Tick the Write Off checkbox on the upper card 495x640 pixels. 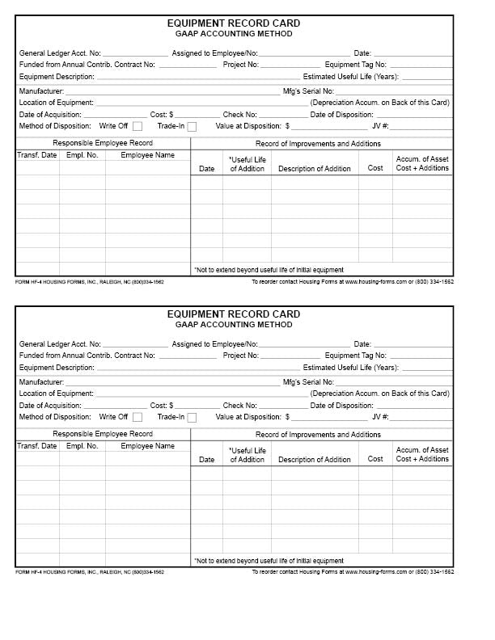pyautogui.click(x=137, y=126)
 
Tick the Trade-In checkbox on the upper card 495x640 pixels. pyautogui.click(x=192, y=126)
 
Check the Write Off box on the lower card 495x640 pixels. pyautogui.click(x=137, y=417)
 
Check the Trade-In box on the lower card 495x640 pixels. pyautogui.click(x=192, y=417)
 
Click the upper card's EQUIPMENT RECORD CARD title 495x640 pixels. pyautogui.click(x=234, y=23)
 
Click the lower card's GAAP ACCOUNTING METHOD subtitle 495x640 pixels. pyautogui.click(x=234, y=325)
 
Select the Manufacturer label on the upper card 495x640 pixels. pyautogui.click(x=41, y=91)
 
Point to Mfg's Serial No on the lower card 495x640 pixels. pyautogui.click(x=308, y=382)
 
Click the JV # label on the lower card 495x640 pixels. pyautogui.click(x=380, y=417)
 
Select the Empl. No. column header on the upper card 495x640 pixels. pyautogui.click(x=82, y=155)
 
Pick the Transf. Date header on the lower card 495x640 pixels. pyautogui.click(x=37, y=446)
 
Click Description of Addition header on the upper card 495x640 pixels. pyautogui.click(x=315, y=169)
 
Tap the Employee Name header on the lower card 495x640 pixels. pyautogui.click(x=147, y=446)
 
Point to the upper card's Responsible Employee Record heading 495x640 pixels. pyautogui.click(x=103, y=143)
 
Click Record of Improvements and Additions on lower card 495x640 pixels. pyautogui.click(x=318, y=435)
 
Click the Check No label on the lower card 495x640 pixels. pyautogui.click(x=240, y=406)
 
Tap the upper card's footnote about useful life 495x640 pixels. pyautogui.click(x=269, y=270)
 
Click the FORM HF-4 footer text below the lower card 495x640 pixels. pyautogui.click(x=90, y=572)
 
